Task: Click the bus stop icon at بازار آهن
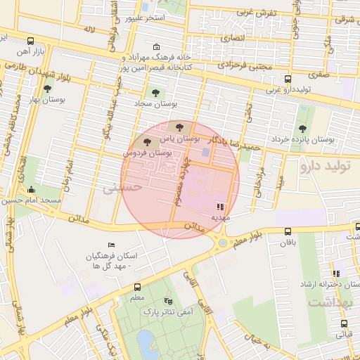[30, 41]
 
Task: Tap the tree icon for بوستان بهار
[47, 89]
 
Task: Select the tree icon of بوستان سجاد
[155, 92]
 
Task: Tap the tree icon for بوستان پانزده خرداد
[302, 129]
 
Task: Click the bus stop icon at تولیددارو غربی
[287, 79]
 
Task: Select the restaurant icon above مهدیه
[220, 207]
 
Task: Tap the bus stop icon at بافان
[287, 231]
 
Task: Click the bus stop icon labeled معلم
[137, 287]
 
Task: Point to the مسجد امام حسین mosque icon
[31, 189]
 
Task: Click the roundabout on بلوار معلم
[223, 243]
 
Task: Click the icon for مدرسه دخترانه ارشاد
[335, 274]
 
